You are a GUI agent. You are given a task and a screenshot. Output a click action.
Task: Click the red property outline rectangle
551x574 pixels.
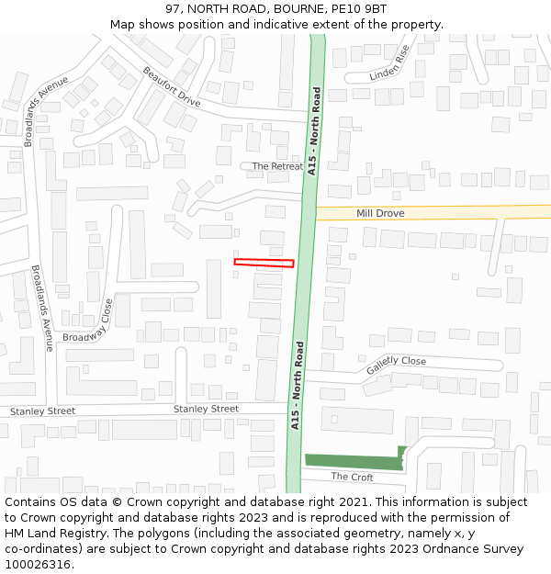coord(264,263)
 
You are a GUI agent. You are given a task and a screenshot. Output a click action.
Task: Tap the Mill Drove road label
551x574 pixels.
coord(380,213)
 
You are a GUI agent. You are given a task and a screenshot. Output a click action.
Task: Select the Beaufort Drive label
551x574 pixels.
coord(171,87)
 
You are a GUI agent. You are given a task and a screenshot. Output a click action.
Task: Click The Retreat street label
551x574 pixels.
coord(277,166)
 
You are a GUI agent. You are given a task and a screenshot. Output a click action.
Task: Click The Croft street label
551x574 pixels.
coord(352,477)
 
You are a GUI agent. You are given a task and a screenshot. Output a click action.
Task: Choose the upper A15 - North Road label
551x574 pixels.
coord(313,130)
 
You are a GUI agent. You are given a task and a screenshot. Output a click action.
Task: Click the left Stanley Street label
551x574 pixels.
coord(42,411)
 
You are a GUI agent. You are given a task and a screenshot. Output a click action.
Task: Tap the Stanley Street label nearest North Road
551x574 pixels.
coord(206,409)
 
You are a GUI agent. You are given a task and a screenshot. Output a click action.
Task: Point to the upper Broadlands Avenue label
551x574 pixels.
coord(47,111)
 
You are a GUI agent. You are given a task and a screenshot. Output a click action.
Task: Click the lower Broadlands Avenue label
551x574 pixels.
coord(43,309)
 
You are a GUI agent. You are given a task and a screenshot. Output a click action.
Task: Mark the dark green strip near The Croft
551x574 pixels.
coord(354,461)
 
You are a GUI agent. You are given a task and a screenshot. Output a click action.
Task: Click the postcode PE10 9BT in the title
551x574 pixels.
coord(359,9)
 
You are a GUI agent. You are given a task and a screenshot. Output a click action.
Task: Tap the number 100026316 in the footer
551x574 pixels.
coord(37,564)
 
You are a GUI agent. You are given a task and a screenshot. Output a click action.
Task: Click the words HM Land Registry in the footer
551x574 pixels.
coord(50,533)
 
